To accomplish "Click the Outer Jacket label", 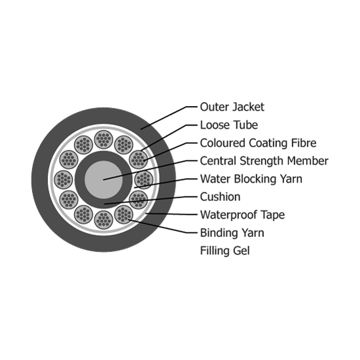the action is [232, 107].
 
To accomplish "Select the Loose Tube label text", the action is [229, 125].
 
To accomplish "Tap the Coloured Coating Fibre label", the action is [258, 143].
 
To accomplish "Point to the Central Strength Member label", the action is [264, 161].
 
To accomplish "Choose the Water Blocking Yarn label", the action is [251, 179].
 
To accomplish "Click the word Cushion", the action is [220, 197].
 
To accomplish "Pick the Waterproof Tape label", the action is [242, 215].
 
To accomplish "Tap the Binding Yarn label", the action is [232, 233].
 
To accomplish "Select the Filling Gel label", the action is [225, 251].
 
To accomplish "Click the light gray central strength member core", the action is [103, 180].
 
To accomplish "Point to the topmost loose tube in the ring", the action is [103, 139].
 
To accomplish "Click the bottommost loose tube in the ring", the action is [103, 220].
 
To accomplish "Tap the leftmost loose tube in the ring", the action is [63, 180].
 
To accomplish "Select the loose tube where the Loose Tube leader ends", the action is [139, 160].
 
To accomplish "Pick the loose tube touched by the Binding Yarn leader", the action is [124, 215].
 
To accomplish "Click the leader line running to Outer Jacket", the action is [169, 118].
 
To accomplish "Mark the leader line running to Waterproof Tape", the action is [171, 214].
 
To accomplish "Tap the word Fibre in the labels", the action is [304, 143].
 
